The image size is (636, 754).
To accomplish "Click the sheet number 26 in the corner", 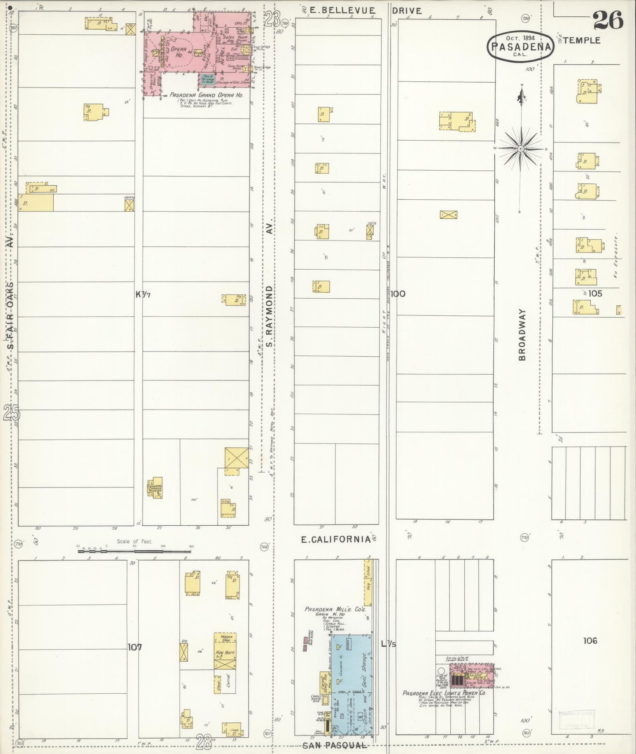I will click(608, 20).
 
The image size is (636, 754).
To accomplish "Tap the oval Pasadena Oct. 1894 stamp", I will click(520, 46).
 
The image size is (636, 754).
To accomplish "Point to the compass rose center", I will click(521, 149).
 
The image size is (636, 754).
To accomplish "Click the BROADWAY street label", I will click(522, 335).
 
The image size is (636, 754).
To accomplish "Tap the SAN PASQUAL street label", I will click(335, 745).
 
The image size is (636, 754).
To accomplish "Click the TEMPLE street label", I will click(581, 40).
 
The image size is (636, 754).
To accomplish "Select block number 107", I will click(135, 647).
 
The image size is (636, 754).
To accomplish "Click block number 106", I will click(590, 641).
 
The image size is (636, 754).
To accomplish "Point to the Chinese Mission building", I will click(155, 488).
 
